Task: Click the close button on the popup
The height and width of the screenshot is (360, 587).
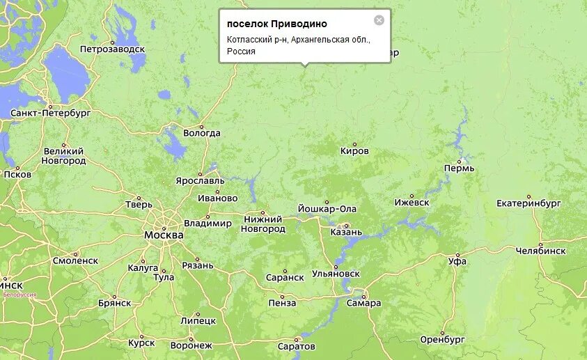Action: pos(379,20)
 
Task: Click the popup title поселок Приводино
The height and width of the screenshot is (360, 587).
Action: pos(276,24)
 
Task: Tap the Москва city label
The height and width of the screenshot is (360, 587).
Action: pos(164,235)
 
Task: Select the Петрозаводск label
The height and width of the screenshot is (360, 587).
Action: pos(112,49)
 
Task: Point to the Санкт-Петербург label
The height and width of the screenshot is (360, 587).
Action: pos(51,112)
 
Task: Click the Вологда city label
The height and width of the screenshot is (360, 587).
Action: pos(201,133)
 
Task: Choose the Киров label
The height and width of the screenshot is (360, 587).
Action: pos(354,151)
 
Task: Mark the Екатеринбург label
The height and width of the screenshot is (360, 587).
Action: pos(529,203)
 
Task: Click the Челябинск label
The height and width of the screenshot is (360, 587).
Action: pos(540,251)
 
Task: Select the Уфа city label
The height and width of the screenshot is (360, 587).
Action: pos(457,261)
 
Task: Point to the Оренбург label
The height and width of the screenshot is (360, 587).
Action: pos(442,340)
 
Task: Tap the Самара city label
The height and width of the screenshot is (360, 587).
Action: pos(363,303)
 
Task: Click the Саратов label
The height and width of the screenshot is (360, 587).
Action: pos(296,346)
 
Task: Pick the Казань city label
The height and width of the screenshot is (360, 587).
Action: pos(347,232)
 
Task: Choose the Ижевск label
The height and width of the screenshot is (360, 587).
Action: pos(412,203)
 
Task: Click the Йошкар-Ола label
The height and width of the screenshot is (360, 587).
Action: pos(327,209)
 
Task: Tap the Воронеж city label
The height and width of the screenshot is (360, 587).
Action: pos(191,345)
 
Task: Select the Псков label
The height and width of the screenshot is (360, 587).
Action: pos(17,174)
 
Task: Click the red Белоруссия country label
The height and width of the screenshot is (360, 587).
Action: pos(19,295)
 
